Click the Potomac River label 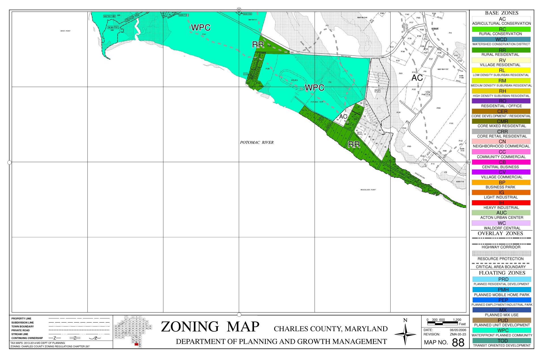257,142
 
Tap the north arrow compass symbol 405,334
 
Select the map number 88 458,343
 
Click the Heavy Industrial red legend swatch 501,203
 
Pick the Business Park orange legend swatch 501,182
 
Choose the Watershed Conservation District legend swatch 501,39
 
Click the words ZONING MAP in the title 210,327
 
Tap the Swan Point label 65,31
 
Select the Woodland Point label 368,190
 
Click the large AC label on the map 417,78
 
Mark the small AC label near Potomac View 343,117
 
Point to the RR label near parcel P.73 258,45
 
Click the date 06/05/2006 458,330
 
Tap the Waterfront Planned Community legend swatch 501,330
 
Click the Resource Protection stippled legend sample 501,253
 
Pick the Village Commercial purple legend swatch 501,172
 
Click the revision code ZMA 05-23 458,334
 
